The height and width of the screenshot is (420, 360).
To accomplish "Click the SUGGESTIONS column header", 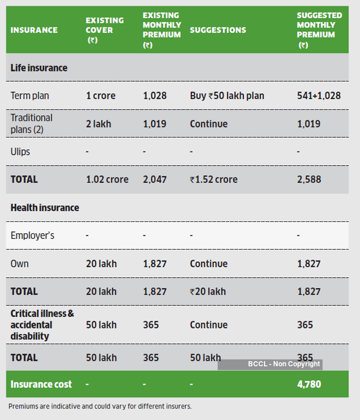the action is coord(218,30).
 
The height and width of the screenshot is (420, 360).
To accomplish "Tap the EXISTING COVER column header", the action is coord(105,30).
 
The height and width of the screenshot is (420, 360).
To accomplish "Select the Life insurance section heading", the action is coord(39,68).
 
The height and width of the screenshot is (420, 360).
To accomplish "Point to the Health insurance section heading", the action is coord(45,207).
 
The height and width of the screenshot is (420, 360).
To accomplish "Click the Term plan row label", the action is coord(30,95).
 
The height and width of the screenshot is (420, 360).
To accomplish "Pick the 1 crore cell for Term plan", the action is coord(101,95).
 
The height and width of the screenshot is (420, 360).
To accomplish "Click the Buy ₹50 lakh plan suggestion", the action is coord(227,95).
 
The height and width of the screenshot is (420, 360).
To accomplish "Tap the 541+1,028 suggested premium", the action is coord(319,95).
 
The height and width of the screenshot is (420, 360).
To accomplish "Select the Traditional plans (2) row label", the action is coord(31,123).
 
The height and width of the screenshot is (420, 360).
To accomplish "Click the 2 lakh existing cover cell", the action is coord(98,124).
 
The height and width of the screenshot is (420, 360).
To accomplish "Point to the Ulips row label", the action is coord(20,151).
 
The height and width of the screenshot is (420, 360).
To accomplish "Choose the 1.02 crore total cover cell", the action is coord(107,179).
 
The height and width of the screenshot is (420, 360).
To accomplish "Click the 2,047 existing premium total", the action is coord(154,179).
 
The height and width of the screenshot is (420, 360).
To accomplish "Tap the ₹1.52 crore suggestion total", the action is coord(214,179).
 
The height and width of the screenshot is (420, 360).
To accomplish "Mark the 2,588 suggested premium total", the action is coord(309,179).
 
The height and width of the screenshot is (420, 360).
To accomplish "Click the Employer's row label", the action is coord(33,235).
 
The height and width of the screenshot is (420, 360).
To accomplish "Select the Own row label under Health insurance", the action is coord(19,263).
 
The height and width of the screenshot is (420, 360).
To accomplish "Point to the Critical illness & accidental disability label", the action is coord(42,325).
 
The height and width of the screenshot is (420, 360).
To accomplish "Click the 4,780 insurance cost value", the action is coord(309,384).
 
